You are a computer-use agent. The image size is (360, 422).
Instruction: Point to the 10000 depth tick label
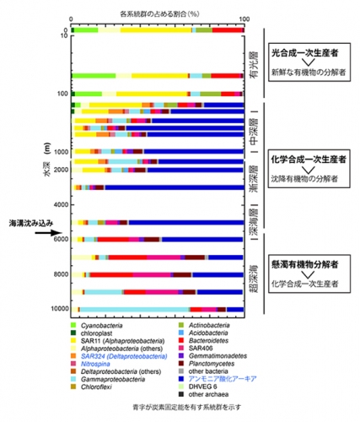tap(57, 309)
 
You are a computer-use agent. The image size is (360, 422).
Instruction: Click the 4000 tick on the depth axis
tap(60, 205)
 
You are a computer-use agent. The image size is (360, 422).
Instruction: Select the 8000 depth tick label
tap(60, 274)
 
